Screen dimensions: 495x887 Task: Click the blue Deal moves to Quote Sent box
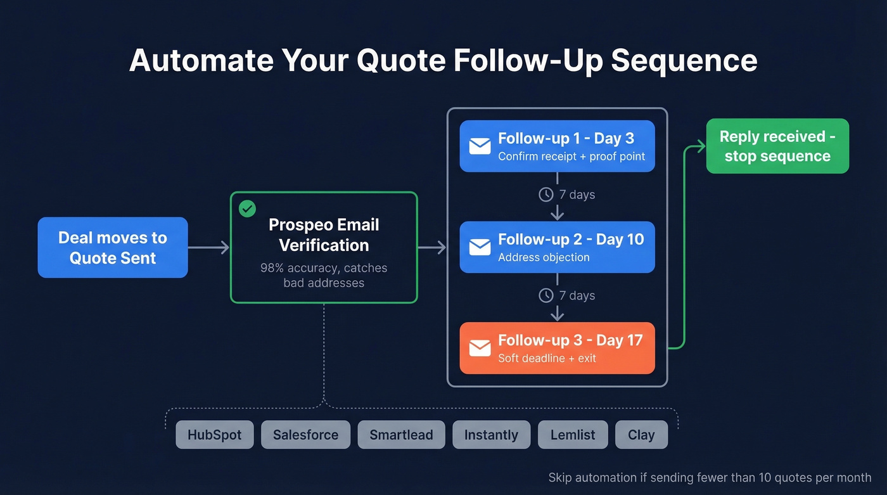pyautogui.click(x=113, y=248)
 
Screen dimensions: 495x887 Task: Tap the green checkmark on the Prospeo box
pyautogui.click(x=247, y=208)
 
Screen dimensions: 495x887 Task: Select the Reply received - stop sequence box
pyautogui.click(x=777, y=146)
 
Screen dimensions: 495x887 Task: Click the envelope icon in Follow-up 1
pyautogui.click(x=480, y=146)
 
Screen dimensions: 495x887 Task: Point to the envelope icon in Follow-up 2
pyautogui.click(x=480, y=247)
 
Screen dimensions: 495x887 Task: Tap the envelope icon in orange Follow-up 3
pyautogui.click(x=480, y=348)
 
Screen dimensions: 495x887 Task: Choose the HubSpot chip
pyautogui.click(x=215, y=435)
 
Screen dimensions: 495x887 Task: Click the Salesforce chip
pyautogui.click(x=305, y=435)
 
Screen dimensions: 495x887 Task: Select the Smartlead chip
pyautogui.click(x=401, y=435)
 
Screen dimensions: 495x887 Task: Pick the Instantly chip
pyautogui.click(x=491, y=435)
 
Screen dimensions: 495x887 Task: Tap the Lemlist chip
pyautogui.click(x=572, y=435)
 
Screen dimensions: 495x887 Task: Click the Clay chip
pyautogui.click(x=641, y=435)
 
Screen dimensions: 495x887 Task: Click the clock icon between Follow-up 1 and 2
pyautogui.click(x=546, y=195)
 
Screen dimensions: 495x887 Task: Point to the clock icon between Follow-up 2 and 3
pyautogui.click(x=546, y=295)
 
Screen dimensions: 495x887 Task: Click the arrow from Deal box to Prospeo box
pyautogui.click(x=208, y=248)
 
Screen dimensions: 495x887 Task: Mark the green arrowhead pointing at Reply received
pyautogui.click(x=699, y=147)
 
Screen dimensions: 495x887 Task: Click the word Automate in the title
pyautogui.click(x=201, y=61)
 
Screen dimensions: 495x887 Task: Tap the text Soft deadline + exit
pyautogui.click(x=547, y=358)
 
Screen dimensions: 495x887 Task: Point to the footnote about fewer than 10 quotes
pyautogui.click(x=710, y=478)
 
